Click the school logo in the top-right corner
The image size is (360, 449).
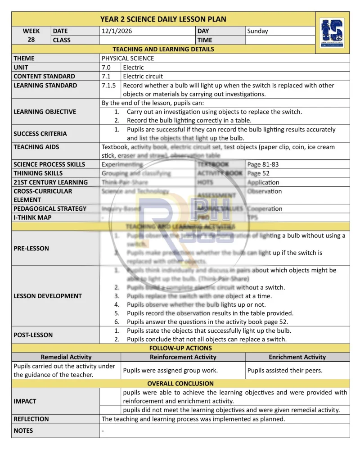tap(332, 32)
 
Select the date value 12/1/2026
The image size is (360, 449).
tap(117, 31)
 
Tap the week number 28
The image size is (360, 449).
tap(31, 40)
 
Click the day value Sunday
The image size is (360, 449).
tap(257, 31)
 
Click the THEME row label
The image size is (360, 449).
tap(24, 58)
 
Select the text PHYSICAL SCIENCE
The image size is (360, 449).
tap(128, 58)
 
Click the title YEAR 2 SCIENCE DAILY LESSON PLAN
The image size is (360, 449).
tap(163, 19)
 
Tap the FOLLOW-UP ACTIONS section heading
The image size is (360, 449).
tap(180, 348)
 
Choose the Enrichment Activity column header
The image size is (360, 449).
tap(297, 357)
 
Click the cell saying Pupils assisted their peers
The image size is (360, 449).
tap(285, 371)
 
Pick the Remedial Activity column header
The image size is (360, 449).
tap(66, 357)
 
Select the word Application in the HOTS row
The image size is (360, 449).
tap(263, 182)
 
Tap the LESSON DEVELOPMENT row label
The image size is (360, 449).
tap(48, 296)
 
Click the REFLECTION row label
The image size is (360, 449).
tap(31, 419)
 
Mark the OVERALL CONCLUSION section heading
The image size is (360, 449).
tap(180, 384)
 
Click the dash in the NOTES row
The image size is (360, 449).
tap(103, 431)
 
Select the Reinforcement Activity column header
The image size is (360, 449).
tap(183, 357)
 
